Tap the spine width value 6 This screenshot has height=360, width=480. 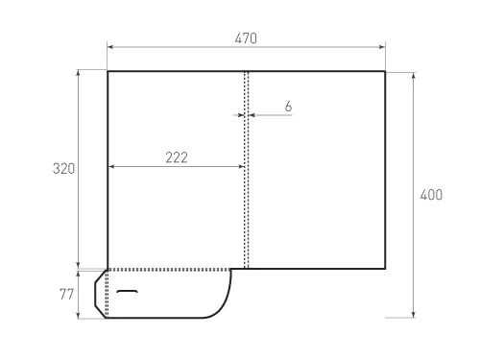[x=287, y=107]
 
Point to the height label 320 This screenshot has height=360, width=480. [x=63, y=169]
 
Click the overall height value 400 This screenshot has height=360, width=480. [x=431, y=195]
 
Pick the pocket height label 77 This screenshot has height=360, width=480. [x=66, y=294]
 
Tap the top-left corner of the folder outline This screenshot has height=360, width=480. [x=108, y=71]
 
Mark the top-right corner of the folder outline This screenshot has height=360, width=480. [x=385, y=71]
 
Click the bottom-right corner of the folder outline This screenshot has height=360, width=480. [x=385, y=269]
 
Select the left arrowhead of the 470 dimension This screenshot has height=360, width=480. [x=110, y=45]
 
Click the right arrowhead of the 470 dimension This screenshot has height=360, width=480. [x=382, y=45]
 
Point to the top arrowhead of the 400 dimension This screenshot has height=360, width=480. [x=414, y=74]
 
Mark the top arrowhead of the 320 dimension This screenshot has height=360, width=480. [x=79, y=74]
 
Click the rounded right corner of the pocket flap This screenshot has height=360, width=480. [x=223, y=305]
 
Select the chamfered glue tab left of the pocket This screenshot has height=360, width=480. [x=101, y=294]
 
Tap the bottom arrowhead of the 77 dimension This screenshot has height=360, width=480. [x=79, y=315]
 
